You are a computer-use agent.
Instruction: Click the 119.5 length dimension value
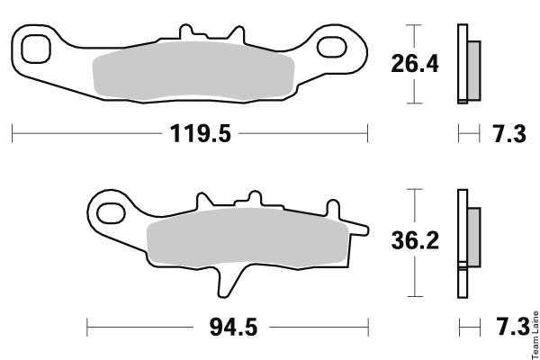point(200,133)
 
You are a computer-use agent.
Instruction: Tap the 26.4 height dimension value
point(415,64)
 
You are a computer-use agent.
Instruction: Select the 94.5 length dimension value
point(233,327)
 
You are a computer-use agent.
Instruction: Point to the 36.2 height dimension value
point(415,240)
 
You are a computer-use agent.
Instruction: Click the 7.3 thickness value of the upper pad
point(509,134)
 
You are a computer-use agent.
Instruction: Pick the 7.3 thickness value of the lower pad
point(512,326)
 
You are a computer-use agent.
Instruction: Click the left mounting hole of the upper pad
point(36,49)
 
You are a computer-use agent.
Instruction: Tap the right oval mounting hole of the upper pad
point(331,47)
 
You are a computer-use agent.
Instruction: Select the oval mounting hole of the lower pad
point(111,213)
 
